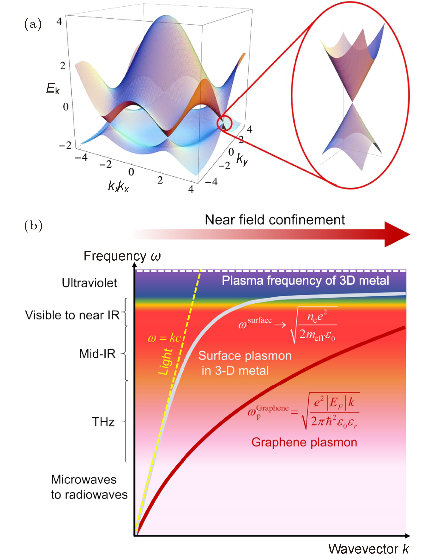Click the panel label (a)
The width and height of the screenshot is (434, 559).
(x=33, y=24)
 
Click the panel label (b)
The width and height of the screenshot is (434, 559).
(x=33, y=226)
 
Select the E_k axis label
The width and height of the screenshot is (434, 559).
(x=53, y=89)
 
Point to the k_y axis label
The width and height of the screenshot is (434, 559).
(x=242, y=159)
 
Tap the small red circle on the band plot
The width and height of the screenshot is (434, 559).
(x=224, y=123)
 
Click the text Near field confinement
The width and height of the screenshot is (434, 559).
(x=275, y=220)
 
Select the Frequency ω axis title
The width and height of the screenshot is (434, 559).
(x=122, y=256)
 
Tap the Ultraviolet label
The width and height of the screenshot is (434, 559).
(x=89, y=283)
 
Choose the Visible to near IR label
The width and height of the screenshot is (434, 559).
(x=72, y=315)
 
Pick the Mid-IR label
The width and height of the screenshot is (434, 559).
(x=97, y=354)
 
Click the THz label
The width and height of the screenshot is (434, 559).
(x=103, y=422)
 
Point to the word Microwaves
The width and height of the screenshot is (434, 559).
(x=84, y=479)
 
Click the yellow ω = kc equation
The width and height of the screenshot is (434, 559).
(x=165, y=338)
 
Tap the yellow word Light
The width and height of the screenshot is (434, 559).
(x=165, y=362)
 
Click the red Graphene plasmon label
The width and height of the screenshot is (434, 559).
(x=304, y=442)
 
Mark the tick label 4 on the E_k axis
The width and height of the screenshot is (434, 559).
(x=59, y=22)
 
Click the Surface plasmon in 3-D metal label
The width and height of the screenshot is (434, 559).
(x=245, y=363)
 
